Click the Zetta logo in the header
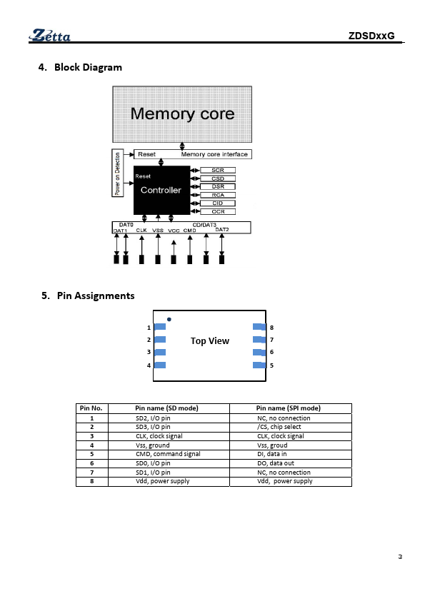tap(49, 35)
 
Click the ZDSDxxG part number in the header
tap(371, 36)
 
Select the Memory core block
tap(182, 114)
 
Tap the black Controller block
tap(161, 190)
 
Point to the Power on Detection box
tap(117, 173)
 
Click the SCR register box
tap(218, 170)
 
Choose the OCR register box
tap(218, 211)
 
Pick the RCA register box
tap(218, 195)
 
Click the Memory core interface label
tap(214, 154)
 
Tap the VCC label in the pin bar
tap(174, 231)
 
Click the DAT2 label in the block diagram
tap(222, 230)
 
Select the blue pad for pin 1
tap(160, 327)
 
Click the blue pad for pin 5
tap(259, 365)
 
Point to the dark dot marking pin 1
tap(169, 319)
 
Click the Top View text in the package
tap(210, 340)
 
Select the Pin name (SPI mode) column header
tap(289, 408)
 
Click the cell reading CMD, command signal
tap(168, 454)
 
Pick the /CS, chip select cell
tap(279, 427)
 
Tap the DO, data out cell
tap(276, 463)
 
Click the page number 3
tap(400, 557)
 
